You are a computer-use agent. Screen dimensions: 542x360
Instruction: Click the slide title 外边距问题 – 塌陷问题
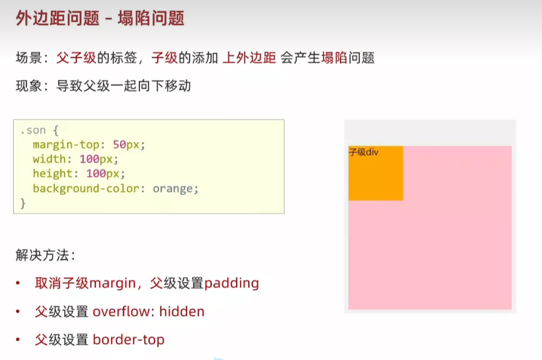coord(100,18)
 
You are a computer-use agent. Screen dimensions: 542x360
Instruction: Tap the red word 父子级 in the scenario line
coord(76,58)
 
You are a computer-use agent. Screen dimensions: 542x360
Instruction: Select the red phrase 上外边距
coord(249,58)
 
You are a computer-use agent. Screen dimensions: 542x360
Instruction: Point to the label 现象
coord(29,86)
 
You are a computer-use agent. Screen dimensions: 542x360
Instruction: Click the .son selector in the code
coord(33,130)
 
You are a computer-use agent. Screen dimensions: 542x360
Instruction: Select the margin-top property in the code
coord(66,145)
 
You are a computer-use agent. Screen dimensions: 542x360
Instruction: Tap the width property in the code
coord(49,159)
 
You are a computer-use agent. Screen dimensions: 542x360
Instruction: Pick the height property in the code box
coord(53,173)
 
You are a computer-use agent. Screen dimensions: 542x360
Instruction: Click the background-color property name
coord(86,189)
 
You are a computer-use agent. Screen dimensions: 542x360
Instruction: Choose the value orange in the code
coord(173,189)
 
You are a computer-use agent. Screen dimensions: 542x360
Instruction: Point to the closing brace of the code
coord(23,203)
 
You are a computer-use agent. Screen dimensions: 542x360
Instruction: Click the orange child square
coord(376,173)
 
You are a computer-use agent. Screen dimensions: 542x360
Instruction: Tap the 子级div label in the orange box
coord(364,152)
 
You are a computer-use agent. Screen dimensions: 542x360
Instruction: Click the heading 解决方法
coord(43,255)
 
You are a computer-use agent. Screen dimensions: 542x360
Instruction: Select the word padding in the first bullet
coord(232,283)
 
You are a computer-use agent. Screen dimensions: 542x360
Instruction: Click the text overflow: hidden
coord(149,312)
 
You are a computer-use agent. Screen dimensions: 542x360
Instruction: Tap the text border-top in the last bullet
coord(128,340)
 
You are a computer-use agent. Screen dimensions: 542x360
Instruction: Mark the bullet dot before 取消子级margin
coord(18,283)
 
